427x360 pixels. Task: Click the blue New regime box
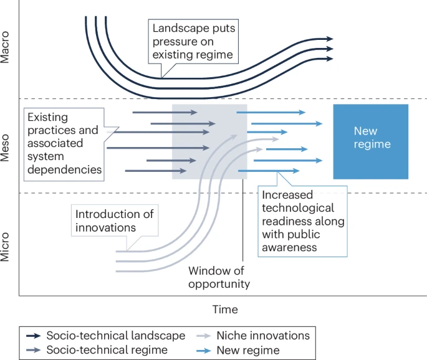pyautogui.click(x=371, y=141)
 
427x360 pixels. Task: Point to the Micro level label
pyautogui.click(x=6, y=247)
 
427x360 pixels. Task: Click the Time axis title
pyautogui.click(x=224, y=310)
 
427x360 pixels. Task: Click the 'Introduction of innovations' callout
pyautogui.click(x=114, y=220)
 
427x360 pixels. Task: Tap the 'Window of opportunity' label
pyautogui.click(x=219, y=277)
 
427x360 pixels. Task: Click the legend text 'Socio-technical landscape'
pyautogui.click(x=116, y=336)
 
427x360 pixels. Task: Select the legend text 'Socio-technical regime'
pyautogui.click(x=107, y=349)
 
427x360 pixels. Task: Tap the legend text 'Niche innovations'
pyautogui.click(x=262, y=336)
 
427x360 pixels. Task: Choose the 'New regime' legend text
pyautogui.click(x=248, y=349)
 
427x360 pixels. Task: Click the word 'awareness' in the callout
pyautogui.click(x=289, y=247)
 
